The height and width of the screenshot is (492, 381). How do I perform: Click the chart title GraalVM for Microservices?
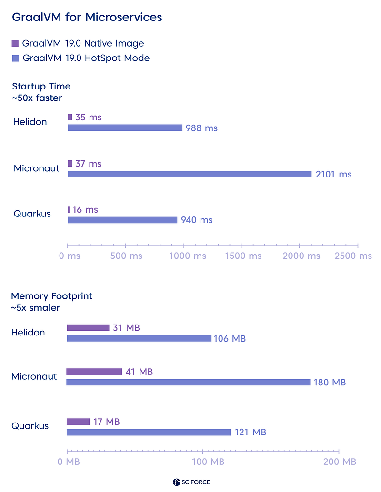[x=87, y=17]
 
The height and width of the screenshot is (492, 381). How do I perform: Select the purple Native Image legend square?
[x=15, y=44]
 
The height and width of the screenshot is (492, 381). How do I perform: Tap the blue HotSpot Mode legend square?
[x=15, y=59]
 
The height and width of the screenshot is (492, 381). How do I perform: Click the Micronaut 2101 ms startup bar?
[x=190, y=174]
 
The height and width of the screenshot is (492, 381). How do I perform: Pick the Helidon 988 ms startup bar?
[x=125, y=128]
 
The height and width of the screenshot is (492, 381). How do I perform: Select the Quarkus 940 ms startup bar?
[x=122, y=220]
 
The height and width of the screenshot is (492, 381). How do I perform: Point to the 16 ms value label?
[x=85, y=210]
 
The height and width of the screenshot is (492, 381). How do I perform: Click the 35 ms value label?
[x=89, y=118]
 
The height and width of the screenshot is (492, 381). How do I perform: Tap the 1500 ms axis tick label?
[x=243, y=256]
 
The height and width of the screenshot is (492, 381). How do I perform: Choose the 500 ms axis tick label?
[x=126, y=256]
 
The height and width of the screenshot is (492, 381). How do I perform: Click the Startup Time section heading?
[x=41, y=86]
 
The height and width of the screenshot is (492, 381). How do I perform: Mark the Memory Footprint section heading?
[x=51, y=296]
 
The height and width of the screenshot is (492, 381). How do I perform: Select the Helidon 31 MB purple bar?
[x=88, y=327]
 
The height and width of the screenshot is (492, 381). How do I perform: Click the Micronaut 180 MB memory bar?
[x=188, y=382]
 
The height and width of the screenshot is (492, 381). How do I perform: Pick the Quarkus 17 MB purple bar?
[x=78, y=422]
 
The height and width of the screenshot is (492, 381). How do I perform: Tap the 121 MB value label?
[x=251, y=432]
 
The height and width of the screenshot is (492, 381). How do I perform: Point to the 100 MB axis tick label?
[x=208, y=462]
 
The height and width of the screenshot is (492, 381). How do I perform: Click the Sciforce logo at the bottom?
[x=191, y=482]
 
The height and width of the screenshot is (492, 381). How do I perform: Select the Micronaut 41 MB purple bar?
[x=94, y=372]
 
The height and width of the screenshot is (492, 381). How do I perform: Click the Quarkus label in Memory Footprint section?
[x=30, y=426]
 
